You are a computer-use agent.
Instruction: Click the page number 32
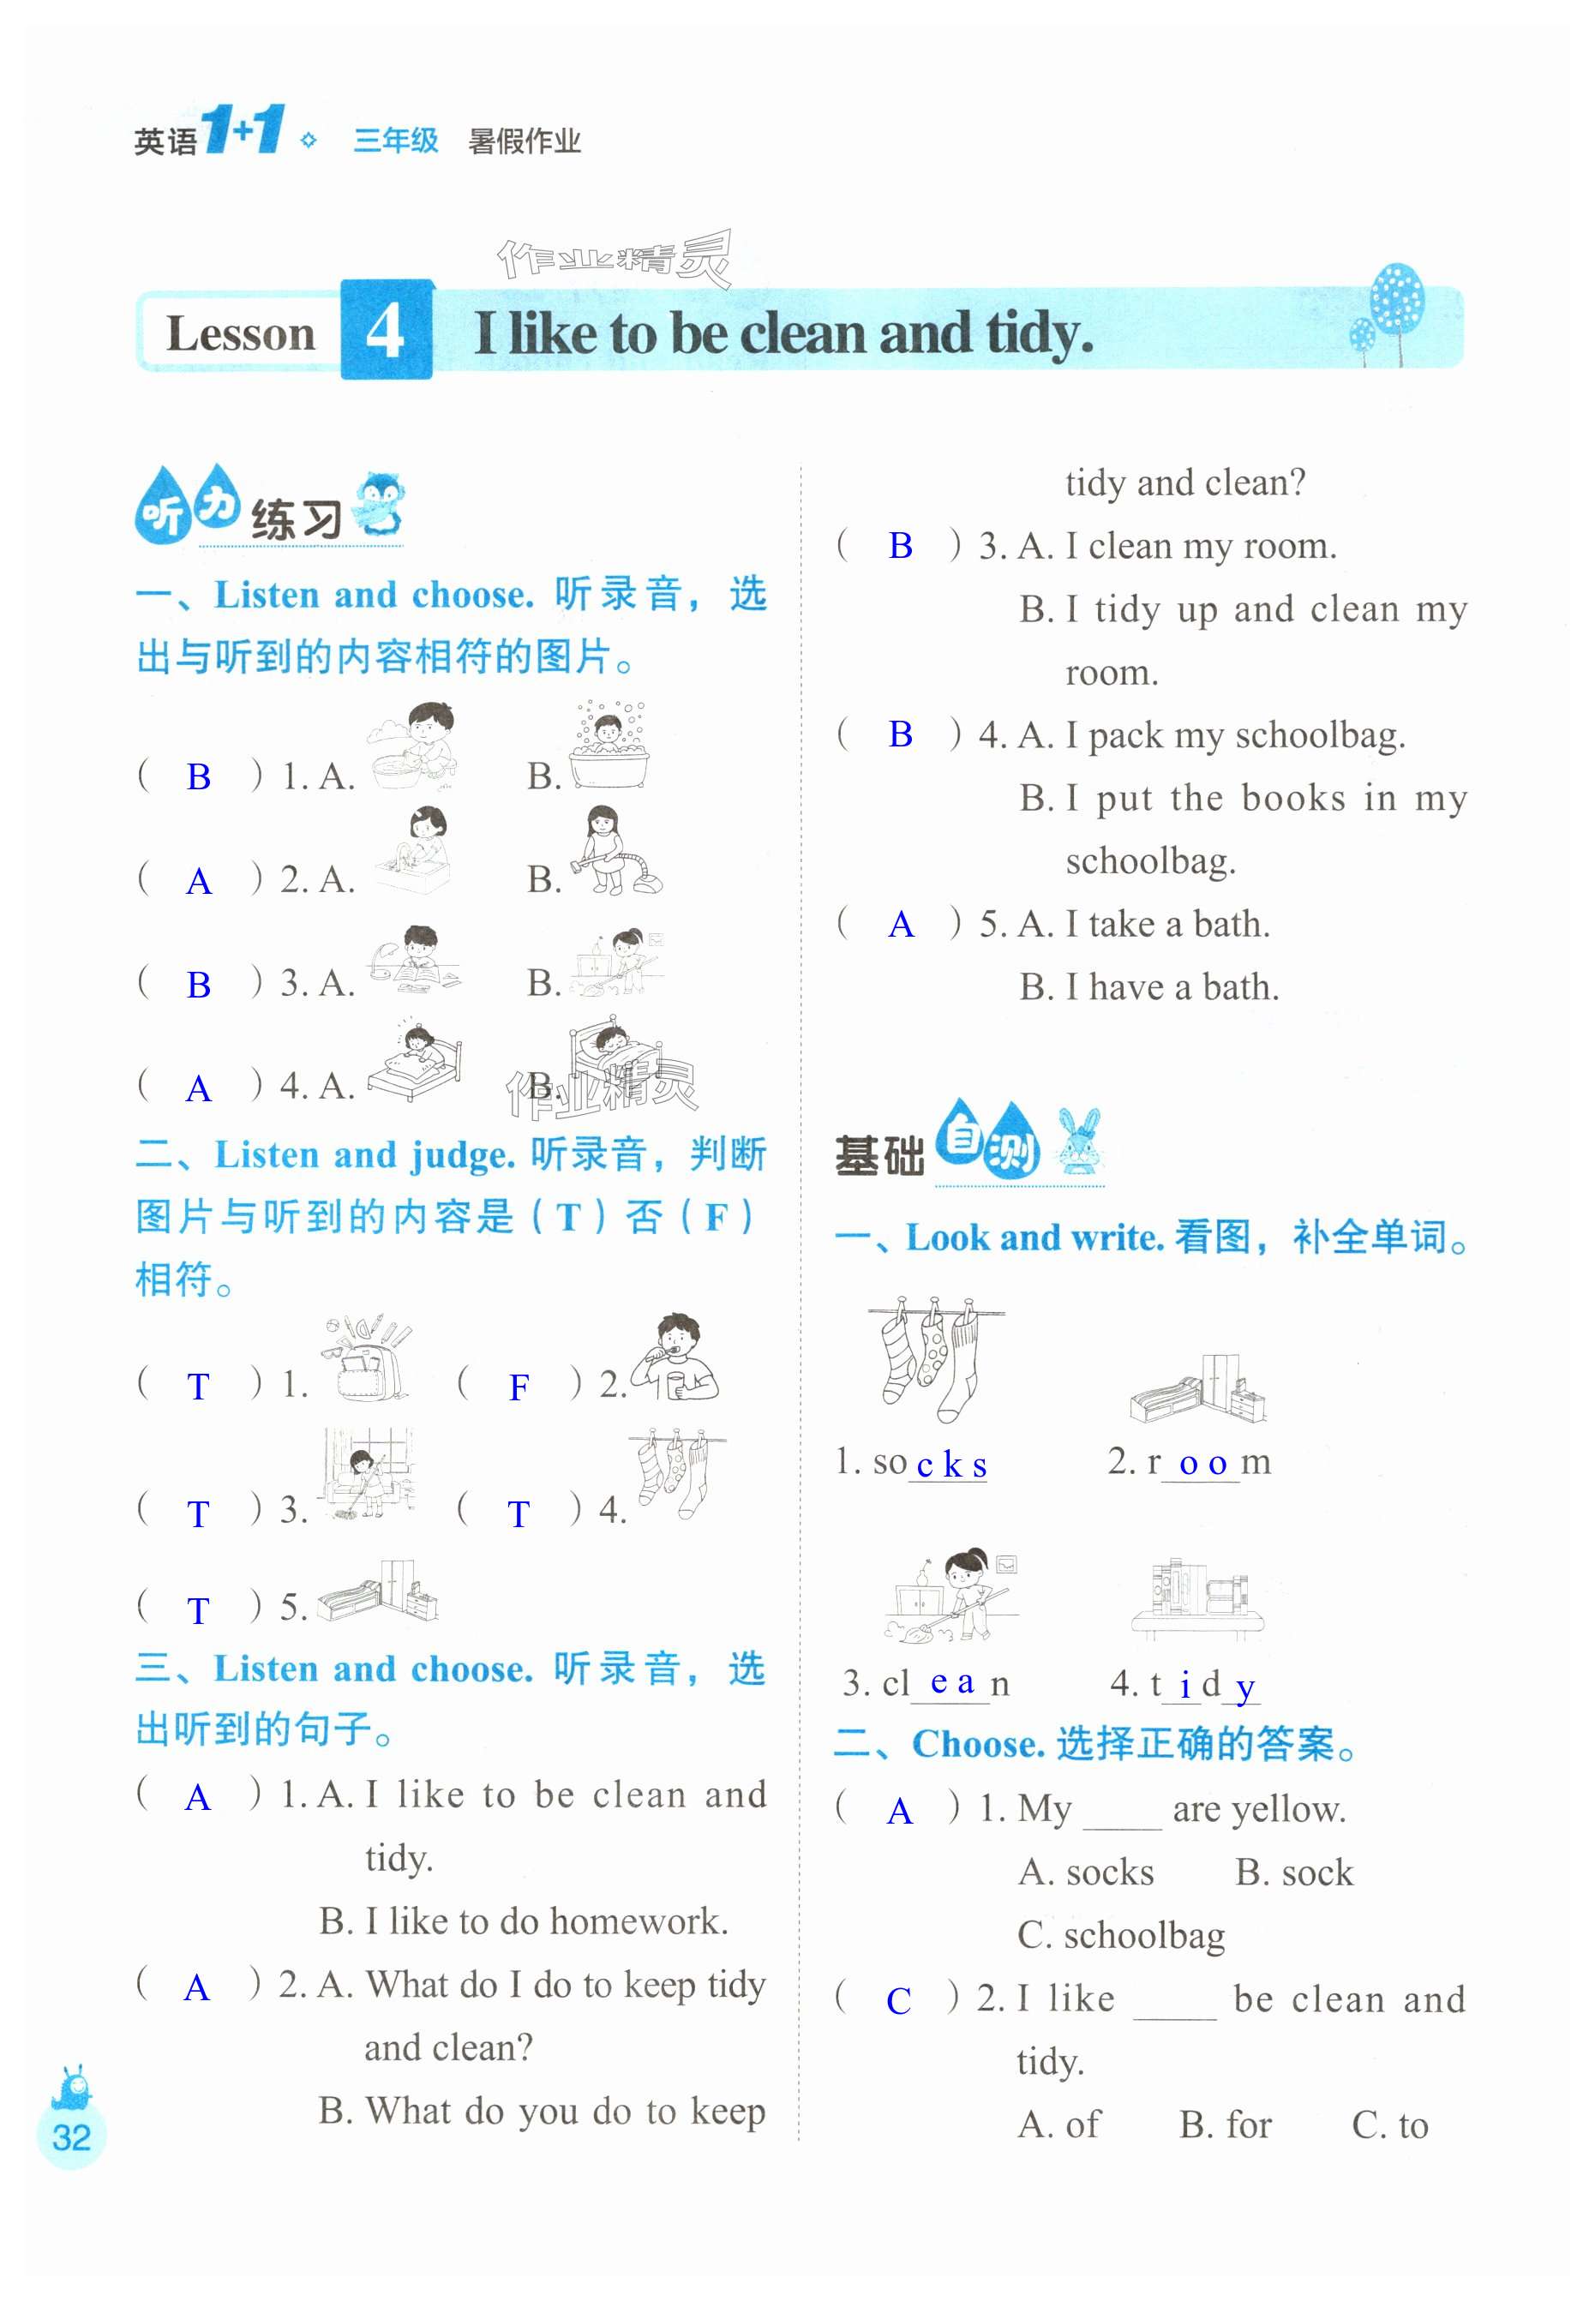(71, 2137)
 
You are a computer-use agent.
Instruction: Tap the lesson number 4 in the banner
(386, 331)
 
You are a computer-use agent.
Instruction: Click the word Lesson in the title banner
(240, 333)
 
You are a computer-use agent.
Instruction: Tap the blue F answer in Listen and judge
(518, 1387)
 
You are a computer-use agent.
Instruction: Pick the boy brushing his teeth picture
(675, 1359)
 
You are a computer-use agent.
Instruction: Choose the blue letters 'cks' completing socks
(950, 1465)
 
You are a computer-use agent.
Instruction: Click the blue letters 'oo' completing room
(1202, 1464)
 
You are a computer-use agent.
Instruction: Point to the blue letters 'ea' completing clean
(951, 1682)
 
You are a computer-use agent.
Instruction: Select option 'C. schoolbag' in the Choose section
(1120, 1935)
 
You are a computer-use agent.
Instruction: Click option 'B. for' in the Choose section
(1226, 2124)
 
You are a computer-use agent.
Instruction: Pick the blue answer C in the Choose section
(897, 2000)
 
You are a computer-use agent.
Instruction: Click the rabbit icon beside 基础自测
(1078, 1142)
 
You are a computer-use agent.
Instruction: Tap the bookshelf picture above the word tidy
(1196, 1598)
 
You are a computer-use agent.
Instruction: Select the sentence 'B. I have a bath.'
(1148, 987)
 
